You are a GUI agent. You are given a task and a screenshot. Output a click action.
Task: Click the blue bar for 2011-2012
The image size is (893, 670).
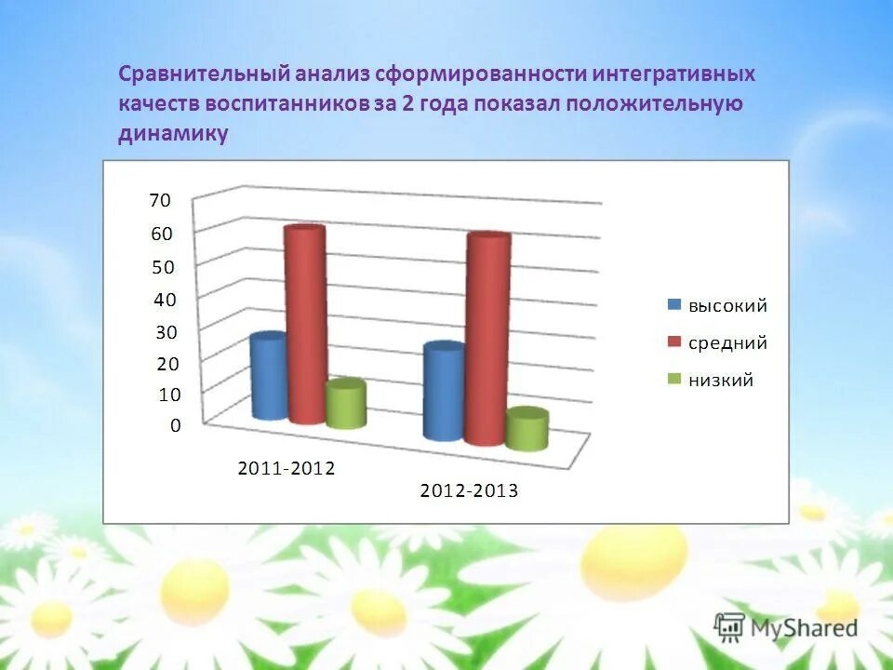[269, 377]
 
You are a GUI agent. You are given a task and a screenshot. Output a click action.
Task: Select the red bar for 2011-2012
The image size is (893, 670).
[305, 326]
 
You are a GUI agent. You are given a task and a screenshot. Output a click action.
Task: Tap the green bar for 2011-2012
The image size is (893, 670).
[345, 405]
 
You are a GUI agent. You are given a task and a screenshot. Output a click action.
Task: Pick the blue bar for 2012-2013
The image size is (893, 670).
[443, 392]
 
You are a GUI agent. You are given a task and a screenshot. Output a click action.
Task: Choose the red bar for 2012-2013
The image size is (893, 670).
[488, 340]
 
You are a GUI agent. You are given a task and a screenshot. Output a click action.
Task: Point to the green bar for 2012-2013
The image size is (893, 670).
[526, 430]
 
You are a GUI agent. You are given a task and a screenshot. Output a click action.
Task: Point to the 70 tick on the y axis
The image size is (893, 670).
[160, 200]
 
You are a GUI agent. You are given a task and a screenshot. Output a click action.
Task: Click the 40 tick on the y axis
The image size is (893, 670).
[164, 300]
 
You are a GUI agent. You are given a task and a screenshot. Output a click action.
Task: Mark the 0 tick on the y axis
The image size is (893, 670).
[175, 425]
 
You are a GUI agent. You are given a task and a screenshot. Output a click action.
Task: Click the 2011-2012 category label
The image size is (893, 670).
[286, 468]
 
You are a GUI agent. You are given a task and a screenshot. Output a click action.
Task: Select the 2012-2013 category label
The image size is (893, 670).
[469, 490]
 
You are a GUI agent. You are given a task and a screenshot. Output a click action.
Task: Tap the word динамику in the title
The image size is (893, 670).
[173, 133]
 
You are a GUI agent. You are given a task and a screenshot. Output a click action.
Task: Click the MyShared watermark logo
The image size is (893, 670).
[787, 627]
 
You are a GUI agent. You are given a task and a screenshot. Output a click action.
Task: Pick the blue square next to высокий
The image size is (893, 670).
[674, 305]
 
